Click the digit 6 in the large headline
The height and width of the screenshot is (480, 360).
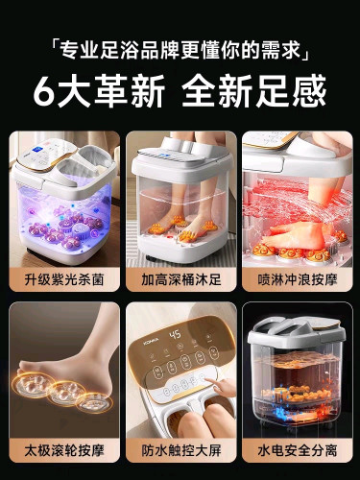44,91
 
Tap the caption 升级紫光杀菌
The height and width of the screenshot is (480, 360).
64,279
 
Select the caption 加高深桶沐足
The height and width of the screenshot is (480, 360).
181,279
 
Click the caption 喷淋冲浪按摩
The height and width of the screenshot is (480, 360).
298,279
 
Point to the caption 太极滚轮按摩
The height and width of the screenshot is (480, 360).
64,450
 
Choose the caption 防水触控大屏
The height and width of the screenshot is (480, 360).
181,450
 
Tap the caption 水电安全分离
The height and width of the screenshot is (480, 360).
298,450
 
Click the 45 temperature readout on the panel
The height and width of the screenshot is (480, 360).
175,335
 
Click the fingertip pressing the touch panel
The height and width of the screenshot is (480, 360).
206,380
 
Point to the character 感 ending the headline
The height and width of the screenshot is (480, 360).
309,91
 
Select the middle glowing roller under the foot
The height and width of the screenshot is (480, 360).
66,391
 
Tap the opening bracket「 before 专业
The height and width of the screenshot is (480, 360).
55,45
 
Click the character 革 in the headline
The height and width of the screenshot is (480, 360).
112,91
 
